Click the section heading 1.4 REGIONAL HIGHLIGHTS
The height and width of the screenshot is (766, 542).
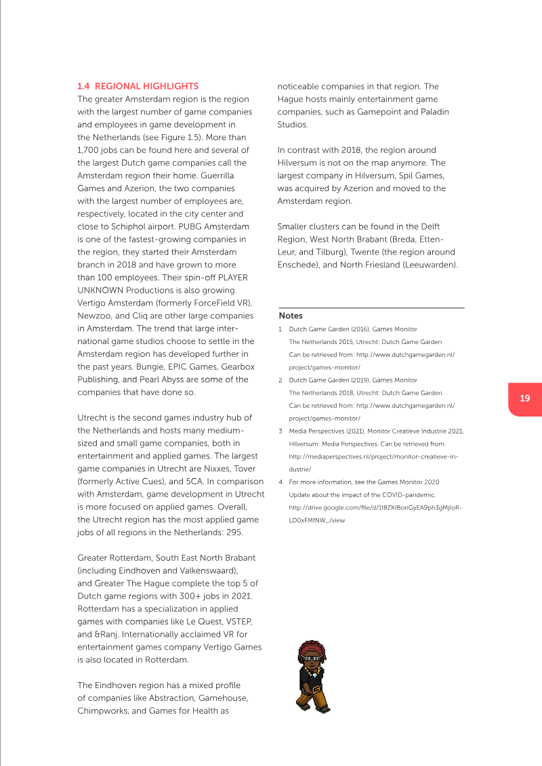[138, 86]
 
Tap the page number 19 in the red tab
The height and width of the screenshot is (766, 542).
[525, 398]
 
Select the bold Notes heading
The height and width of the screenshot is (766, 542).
[291, 316]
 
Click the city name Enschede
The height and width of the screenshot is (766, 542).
[299, 264]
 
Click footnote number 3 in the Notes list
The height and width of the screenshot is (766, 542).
[280, 431]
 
